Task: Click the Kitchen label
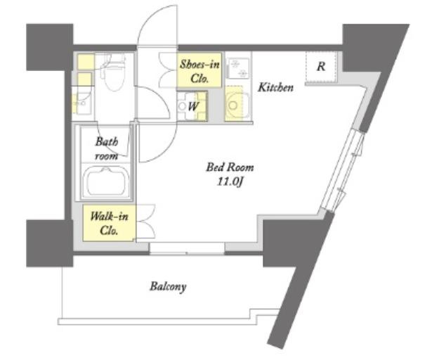275,87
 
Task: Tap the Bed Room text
230,167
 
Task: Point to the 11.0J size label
230,182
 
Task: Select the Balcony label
168,287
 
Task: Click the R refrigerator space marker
321,67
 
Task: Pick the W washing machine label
192,107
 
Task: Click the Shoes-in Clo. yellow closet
200,70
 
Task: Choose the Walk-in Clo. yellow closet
110,224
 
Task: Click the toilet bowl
114,75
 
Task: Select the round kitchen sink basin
233,105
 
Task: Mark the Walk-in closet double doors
146,221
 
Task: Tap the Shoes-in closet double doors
168,70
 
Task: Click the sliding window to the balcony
187,247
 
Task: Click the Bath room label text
107,148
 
